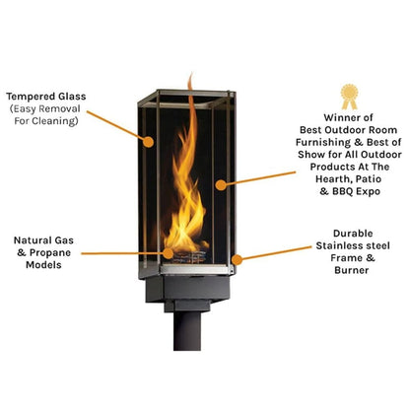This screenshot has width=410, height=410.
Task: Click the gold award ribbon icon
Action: (348, 96)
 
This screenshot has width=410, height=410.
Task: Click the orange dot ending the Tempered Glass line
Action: (150, 141)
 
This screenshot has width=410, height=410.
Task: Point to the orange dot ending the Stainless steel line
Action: (235, 258)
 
